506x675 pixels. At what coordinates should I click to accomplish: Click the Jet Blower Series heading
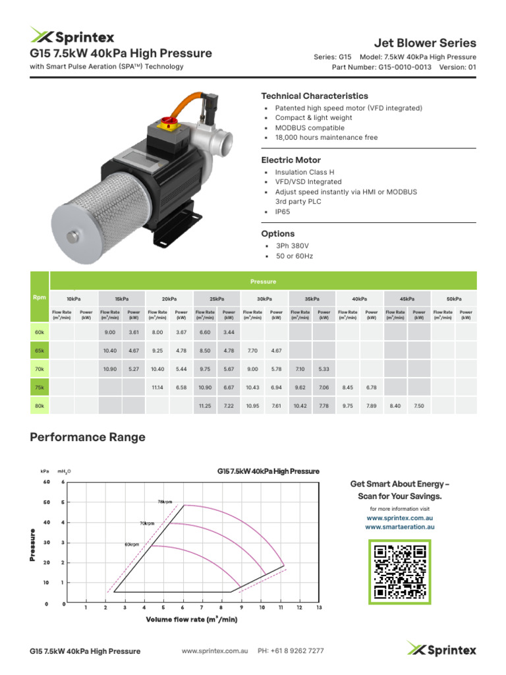coord(425,43)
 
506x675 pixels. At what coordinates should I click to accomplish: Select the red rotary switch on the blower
coord(165,123)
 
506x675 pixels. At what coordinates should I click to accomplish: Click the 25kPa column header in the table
coord(217,299)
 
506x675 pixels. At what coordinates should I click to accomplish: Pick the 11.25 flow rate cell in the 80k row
coord(205,406)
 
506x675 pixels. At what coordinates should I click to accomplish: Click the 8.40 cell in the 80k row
coord(395,406)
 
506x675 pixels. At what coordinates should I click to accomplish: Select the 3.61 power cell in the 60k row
coord(134,332)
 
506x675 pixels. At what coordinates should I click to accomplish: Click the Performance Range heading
coord(88,437)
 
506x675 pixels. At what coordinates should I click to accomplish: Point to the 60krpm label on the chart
coord(131,544)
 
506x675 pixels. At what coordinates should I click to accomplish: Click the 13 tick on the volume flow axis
coord(319,607)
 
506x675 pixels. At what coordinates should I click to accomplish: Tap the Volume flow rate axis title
coord(191,619)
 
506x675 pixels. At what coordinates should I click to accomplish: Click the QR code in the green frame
coord(399,571)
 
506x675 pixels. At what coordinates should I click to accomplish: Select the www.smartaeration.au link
coord(399,527)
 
